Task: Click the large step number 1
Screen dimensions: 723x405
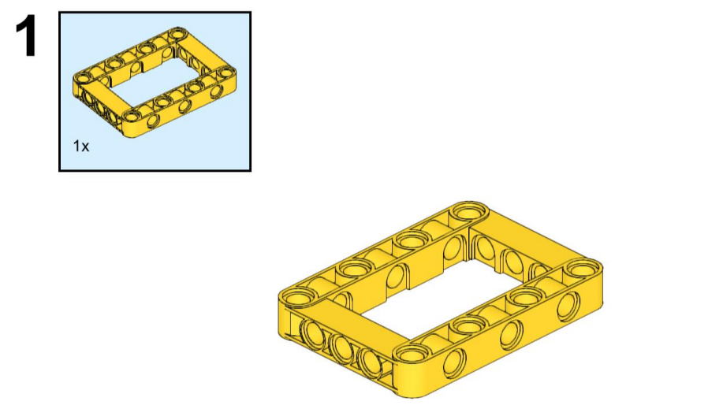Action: click(x=27, y=36)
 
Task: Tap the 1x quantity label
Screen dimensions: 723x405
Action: click(x=80, y=147)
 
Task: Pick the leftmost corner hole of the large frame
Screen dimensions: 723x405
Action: click(x=297, y=298)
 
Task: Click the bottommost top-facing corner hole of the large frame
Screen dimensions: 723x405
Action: click(x=412, y=355)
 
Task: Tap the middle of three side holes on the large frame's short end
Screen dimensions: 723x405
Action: click(x=341, y=347)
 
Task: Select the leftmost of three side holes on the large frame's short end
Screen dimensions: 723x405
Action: click(x=313, y=333)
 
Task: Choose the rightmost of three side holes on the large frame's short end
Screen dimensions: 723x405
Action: click(x=371, y=363)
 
